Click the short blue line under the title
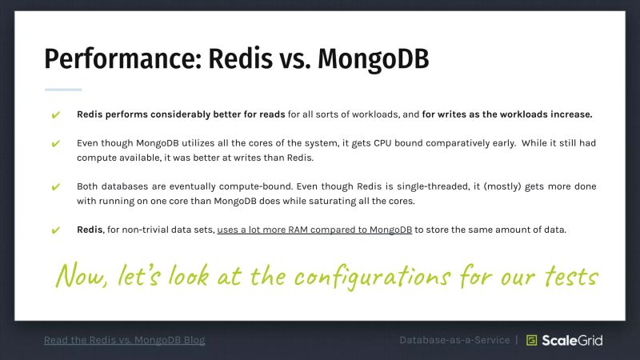[63, 90]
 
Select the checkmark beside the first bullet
[56, 114]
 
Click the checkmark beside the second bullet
[56, 144]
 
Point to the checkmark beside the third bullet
[56, 187]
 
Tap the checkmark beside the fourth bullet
[56, 230]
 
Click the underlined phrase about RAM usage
[314, 230]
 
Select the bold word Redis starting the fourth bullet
[90, 230]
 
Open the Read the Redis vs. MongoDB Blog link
[124, 340]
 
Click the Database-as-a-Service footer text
[454, 340]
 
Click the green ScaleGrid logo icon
[531, 340]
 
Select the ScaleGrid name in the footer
[574, 340]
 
